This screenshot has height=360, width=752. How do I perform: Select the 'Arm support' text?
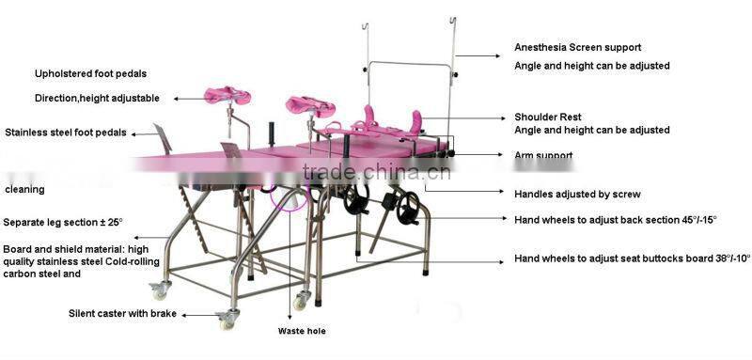pyautogui.click(x=543, y=155)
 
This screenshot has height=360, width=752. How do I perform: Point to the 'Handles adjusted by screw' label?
pyautogui.click(x=577, y=195)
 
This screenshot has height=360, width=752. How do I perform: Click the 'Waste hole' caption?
pyautogui.click(x=303, y=331)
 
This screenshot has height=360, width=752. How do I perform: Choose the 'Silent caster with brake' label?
pyautogui.click(x=122, y=313)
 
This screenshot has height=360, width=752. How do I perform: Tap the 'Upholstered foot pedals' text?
pyautogui.click(x=90, y=72)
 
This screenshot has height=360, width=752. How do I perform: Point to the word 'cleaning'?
pyautogui.click(x=24, y=190)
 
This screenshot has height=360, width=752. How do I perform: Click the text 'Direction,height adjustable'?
pyautogui.click(x=97, y=98)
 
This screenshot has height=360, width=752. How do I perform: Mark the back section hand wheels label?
pyautogui.click(x=615, y=219)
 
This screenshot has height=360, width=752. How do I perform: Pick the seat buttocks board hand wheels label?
pyautogui.click(x=632, y=258)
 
